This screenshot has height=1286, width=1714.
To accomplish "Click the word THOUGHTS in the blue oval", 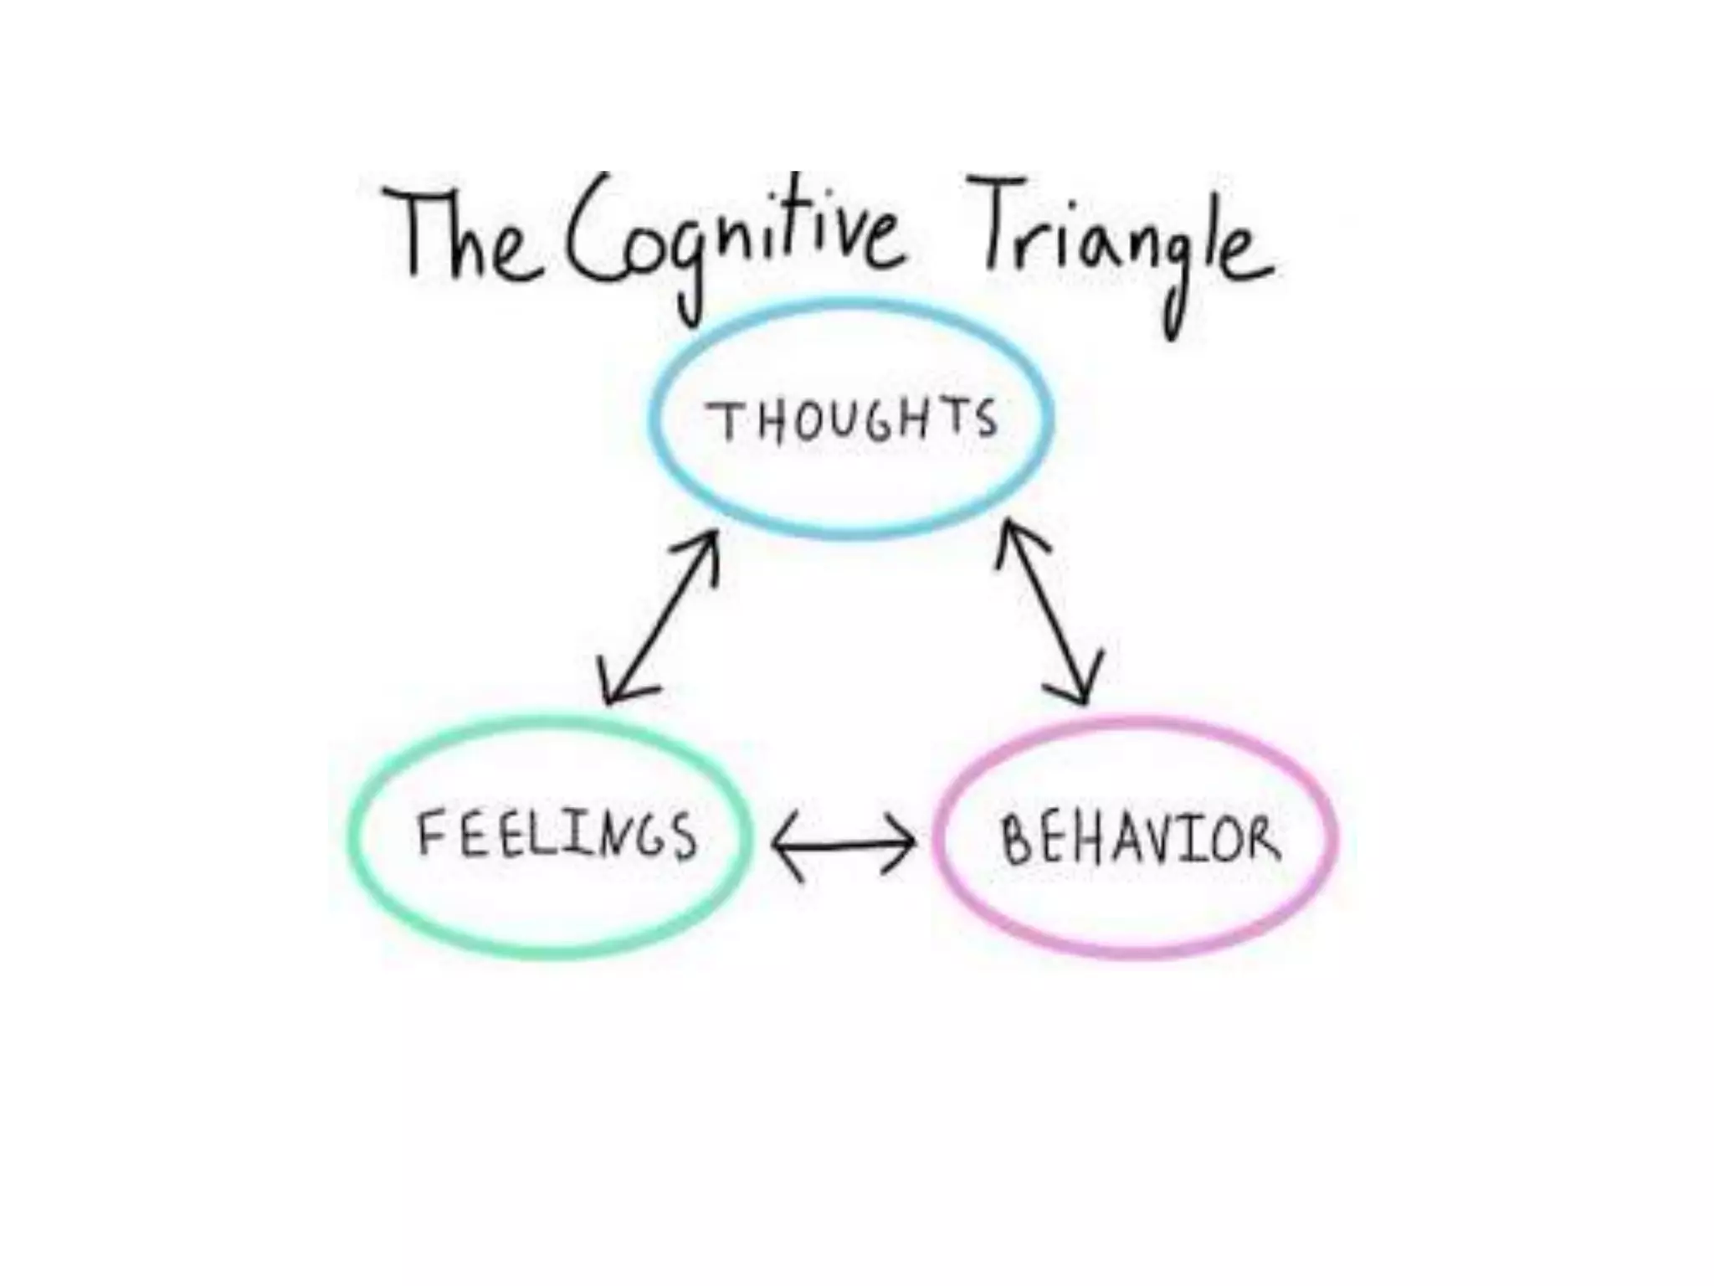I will pos(852,420).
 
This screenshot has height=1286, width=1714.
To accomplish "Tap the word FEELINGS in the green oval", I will pos(557,835).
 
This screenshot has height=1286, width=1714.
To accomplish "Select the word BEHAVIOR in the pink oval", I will pos(1140,840).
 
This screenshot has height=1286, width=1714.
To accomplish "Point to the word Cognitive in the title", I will pos(732,239).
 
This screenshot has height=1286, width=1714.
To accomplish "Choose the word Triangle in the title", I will pos(1121,239).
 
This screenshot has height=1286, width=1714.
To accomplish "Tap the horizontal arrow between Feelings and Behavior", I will pos(844,846).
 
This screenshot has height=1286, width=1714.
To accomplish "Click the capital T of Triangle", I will pos(996,222).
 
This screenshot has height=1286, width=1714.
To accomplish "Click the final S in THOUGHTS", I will pos(988,419).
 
